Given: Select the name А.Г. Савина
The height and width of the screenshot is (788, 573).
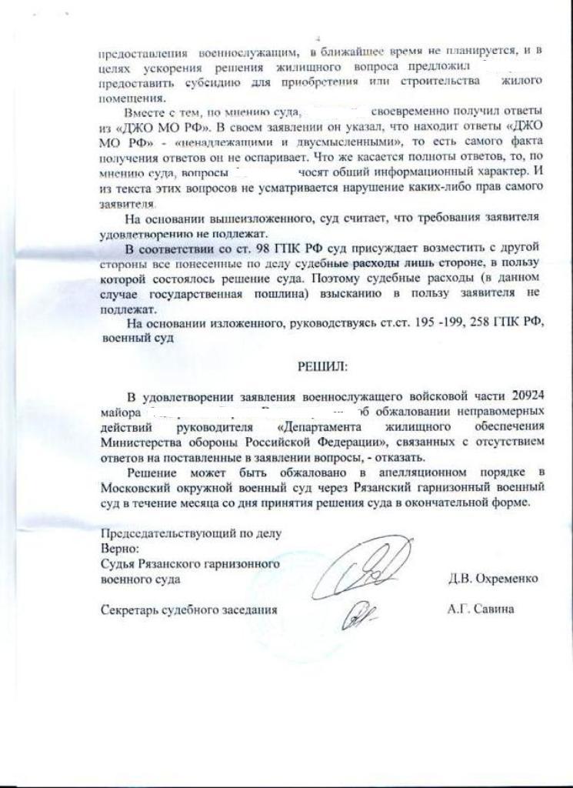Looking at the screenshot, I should coord(481,608).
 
